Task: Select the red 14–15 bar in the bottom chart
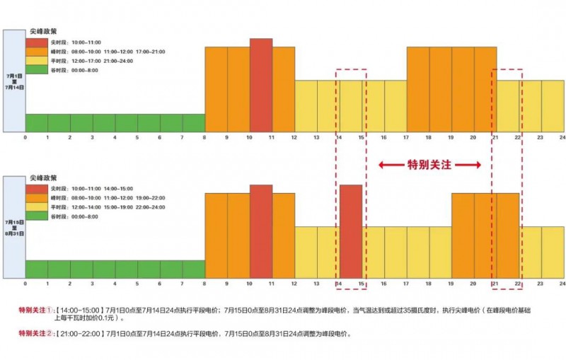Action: pos(351,231)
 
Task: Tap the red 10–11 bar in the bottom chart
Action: pos(261,231)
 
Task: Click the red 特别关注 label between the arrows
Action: pos(429,165)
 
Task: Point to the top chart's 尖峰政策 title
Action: pos(43,32)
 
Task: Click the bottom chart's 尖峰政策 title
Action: pos(43,179)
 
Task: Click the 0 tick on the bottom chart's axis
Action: pos(25,283)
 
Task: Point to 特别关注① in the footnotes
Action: pos(35,310)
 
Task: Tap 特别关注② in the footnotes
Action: pos(35,334)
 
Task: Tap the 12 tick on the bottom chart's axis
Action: pos(294,283)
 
